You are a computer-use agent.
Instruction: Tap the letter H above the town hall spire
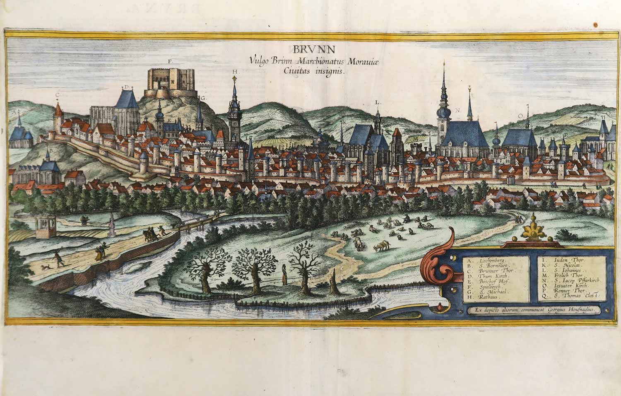(235, 72)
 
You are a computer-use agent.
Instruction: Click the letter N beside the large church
(458, 110)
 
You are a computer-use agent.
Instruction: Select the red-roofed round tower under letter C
(58, 116)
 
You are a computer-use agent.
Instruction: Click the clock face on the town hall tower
(233, 123)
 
